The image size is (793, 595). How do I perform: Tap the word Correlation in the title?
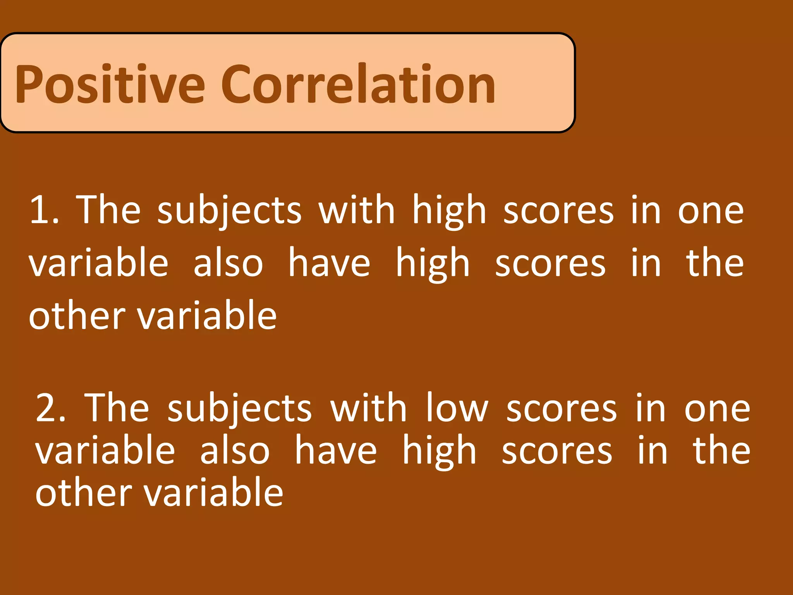358,84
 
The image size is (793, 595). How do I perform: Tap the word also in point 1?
228,263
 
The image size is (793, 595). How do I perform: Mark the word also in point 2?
235,451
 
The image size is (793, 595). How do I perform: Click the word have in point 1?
329,263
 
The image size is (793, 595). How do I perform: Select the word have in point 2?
336,451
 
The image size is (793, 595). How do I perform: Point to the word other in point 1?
77,316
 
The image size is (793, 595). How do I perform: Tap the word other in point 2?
84,493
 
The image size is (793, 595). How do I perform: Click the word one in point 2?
717,409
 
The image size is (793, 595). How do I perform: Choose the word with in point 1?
356,210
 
